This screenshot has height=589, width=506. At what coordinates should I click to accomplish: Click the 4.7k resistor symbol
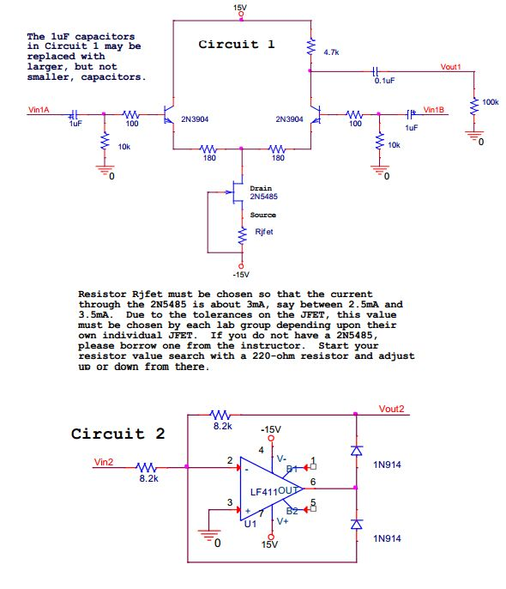[311, 47]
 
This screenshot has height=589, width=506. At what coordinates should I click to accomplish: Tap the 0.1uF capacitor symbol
[376, 70]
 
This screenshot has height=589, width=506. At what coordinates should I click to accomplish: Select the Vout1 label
[450, 67]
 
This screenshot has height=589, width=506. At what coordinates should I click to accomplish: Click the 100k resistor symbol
[474, 106]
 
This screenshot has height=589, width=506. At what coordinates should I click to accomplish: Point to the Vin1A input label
[39, 110]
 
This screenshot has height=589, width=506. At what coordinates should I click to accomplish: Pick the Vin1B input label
[434, 110]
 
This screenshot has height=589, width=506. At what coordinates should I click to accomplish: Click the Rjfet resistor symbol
[243, 235]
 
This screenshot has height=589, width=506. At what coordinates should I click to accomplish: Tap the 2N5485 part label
[263, 197]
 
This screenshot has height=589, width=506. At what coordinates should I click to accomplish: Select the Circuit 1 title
[237, 45]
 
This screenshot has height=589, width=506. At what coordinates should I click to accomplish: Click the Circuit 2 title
[117, 434]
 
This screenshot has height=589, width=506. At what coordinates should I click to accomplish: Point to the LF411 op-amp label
[264, 492]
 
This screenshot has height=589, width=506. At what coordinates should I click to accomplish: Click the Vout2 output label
[391, 409]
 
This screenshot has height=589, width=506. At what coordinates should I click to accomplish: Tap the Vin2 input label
[104, 462]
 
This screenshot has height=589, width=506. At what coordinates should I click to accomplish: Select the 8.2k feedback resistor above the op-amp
[220, 415]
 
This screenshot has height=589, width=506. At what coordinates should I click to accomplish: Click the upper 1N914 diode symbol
[356, 451]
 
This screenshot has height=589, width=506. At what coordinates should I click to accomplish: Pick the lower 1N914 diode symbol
[356, 524]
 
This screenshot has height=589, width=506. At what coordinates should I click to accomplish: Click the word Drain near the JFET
[261, 188]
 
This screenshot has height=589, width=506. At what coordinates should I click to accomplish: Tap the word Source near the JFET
[263, 215]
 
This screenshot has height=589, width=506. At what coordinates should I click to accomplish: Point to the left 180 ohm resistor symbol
[208, 149]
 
